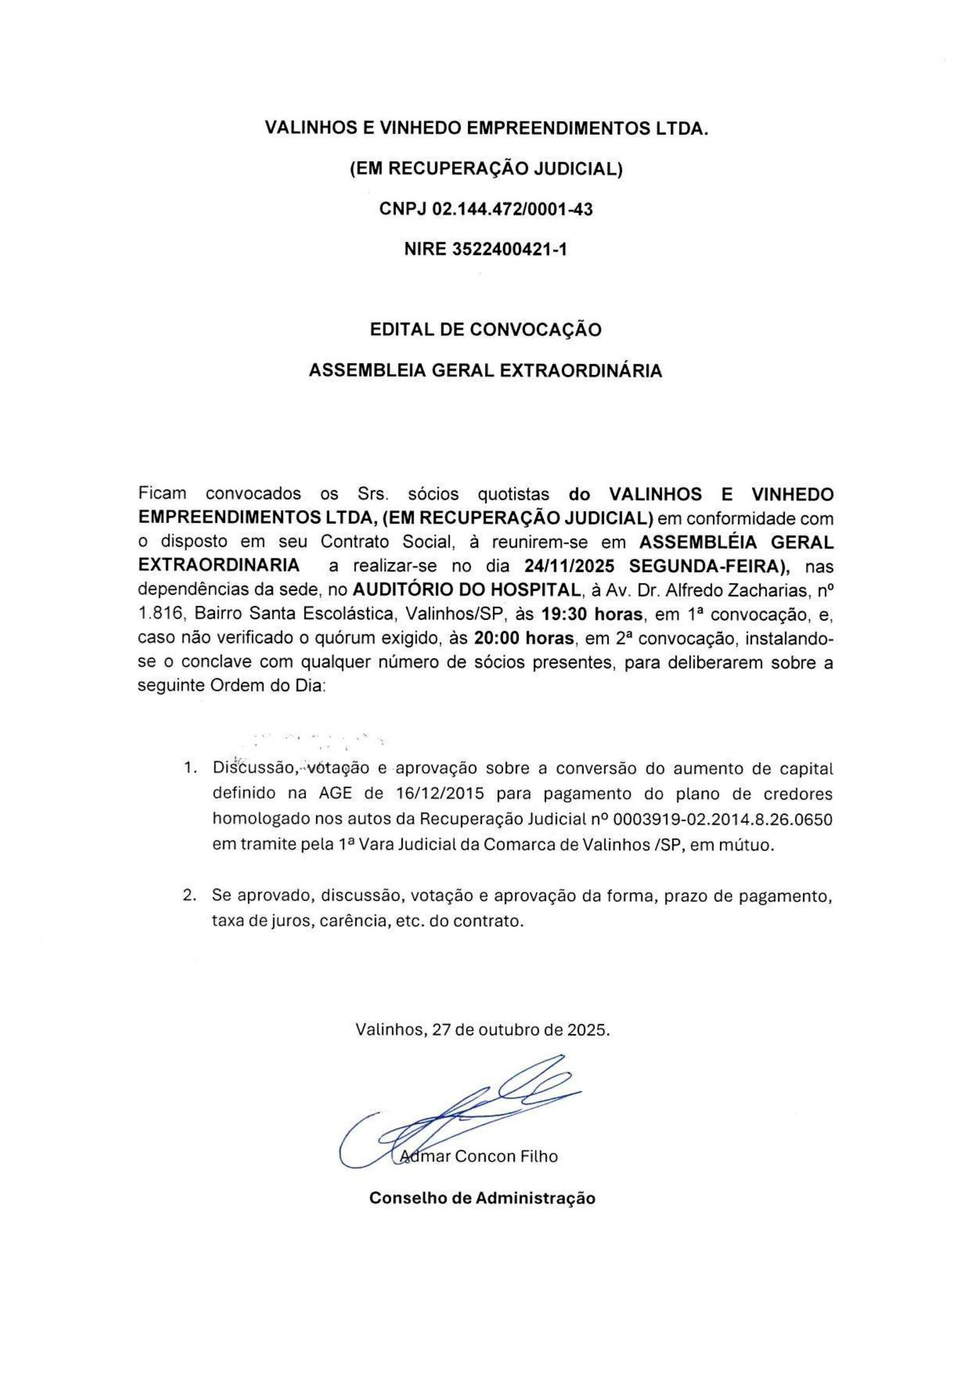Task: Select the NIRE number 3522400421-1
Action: point(509,249)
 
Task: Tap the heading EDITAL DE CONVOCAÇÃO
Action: point(486,329)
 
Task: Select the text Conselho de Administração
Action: point(482,1198)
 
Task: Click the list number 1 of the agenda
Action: point(189,769)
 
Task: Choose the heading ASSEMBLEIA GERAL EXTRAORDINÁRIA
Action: point(486,371)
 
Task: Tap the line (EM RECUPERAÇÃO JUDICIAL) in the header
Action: point(486,169)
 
